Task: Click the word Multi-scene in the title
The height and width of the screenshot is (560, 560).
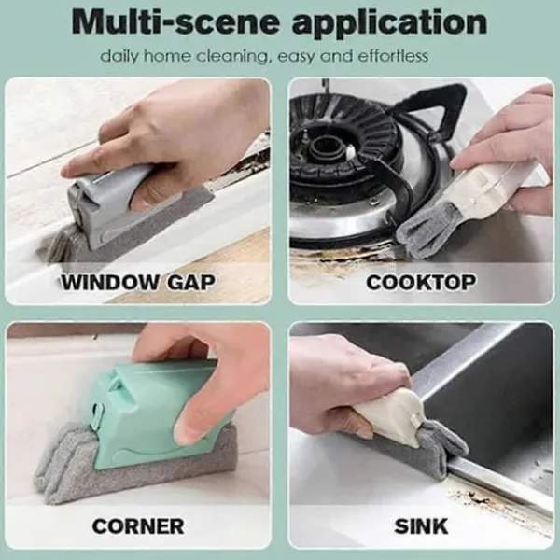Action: [175, 22]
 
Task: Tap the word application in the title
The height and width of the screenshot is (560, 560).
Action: [389, 23]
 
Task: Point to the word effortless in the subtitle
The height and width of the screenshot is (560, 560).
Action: [393, 56]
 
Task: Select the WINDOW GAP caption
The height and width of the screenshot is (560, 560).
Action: [138, 282]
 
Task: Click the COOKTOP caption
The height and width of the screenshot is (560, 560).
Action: [421, 282]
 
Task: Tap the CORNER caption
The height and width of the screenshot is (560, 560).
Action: [138, 526]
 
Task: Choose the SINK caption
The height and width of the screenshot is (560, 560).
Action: [421, 526]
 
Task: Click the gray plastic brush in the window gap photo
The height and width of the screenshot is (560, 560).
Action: [107, 207]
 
